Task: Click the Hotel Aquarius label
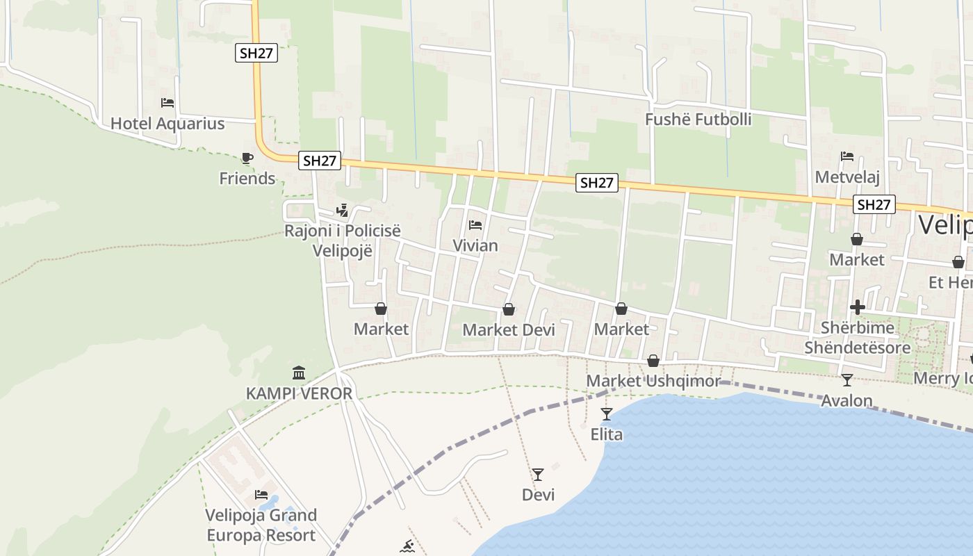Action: click(x=167, y=124)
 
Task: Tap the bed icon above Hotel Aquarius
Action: click(x=167, y=103)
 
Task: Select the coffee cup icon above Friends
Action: click(x=247, y=158)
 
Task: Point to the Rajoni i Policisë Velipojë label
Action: click(x=343, y=240)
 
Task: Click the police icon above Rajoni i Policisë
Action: click(x=342, y=210)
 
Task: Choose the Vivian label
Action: click(x=475, y=245)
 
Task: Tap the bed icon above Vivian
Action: click(x=475, y=224)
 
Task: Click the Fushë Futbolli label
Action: click(x=698, y=120)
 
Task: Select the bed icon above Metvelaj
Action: click(x=847, y=156)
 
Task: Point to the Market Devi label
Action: click(x=509, y=330)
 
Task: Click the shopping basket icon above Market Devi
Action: click(x=509, y=309)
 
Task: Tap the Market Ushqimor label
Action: click(x=654, y=381)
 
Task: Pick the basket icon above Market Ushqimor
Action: click(x=653, y=361)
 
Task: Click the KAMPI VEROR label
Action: click(x=299, y=393)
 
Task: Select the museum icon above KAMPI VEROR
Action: click(x=299, y=373)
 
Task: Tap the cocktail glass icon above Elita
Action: click(x=607, y=414)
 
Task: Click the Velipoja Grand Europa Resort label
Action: click(x=261, y=525)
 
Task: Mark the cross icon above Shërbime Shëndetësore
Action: click(x=857, y=307)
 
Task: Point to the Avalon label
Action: click(x=847, y=401)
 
